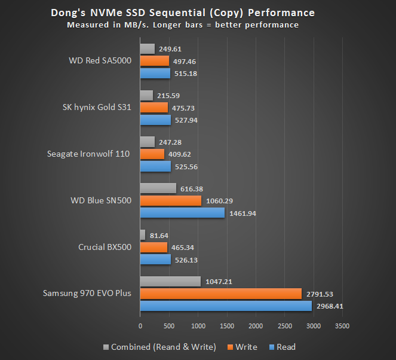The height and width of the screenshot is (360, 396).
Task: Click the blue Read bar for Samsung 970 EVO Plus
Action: (226, 306)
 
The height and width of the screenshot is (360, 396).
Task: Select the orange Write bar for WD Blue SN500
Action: (171, 201)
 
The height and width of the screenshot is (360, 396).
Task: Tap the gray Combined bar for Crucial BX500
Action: (142, 234)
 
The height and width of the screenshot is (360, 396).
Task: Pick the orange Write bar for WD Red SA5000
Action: (155, 61)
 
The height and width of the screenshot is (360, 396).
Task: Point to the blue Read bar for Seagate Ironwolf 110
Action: (155, 166)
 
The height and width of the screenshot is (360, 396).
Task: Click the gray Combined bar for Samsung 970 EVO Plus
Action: (170, 281)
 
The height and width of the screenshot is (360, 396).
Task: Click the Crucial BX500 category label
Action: (105, 247)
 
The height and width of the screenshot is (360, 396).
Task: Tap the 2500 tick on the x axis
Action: (285, 326)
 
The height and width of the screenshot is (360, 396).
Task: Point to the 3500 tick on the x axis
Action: (342, 326)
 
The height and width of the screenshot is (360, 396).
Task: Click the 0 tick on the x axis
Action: (140, 326)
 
